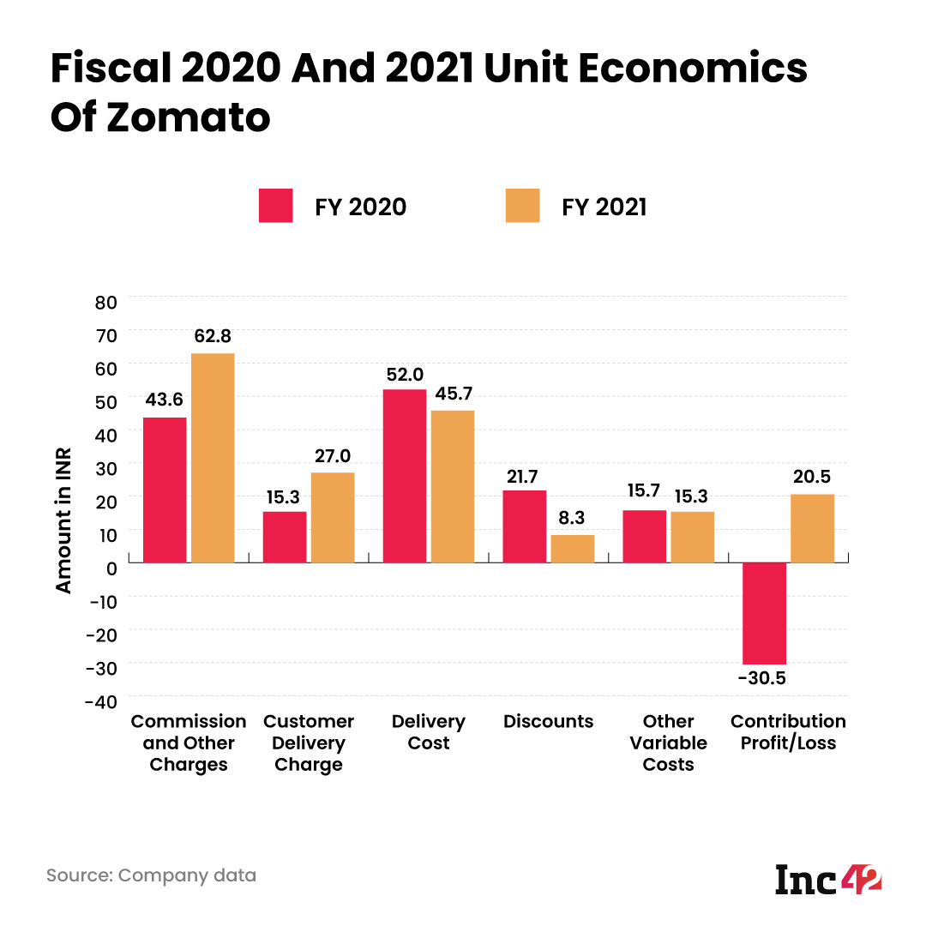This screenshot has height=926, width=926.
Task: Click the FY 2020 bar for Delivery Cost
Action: pyautogui.click(x=404, y=476)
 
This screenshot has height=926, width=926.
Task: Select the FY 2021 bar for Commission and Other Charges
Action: pyautogui.click(x=213, y=458)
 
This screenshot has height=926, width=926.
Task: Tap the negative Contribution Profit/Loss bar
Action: pyautogui.click(x=764, y=613)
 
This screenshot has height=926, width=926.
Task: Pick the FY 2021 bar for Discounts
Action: pyautogui.click(x=572, y=549)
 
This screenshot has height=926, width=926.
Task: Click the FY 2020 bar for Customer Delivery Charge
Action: pyautogui.click(x=285, y=537)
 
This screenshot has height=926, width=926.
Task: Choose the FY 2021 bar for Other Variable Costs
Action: pyautogui.click(x=692, y=537)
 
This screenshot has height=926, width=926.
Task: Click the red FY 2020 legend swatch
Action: pyautogui.click(x=276, y=206)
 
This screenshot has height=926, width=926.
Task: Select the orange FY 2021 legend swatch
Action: pyautogui.click(x=522, y=206)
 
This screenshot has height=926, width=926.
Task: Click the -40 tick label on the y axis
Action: pyautogui.click(x=101, y=701)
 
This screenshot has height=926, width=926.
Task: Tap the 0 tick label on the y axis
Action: pyautogui.click(x=111, y=568)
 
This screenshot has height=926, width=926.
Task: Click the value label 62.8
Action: pyautogui.click(x=213, y=335)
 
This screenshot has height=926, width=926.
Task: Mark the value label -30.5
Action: pyautogui.click(x=762, y=679)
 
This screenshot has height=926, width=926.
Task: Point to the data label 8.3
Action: pyautogui.click(x=572, y=517)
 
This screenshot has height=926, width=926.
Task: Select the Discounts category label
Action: pyautogui.click(x=549, y=721)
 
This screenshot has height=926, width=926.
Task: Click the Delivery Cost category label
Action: pyautogui.click(x=429, y=732)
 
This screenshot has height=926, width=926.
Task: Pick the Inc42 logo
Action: pyautogui.click(x=828, y=879)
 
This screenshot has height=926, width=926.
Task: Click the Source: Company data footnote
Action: pyautogui.click(x=151, y=875)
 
